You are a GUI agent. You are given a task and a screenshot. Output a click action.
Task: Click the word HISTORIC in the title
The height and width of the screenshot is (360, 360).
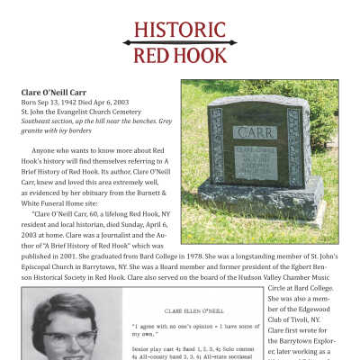[x=180, y=30]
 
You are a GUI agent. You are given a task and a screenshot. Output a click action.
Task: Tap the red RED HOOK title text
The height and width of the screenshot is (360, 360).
[x=180, y=57]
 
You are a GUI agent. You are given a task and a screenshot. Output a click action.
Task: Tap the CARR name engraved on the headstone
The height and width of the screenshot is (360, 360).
[x=256, y=132]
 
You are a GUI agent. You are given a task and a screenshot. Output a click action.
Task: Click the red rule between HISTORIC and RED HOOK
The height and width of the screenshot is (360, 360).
[x=180, y=43]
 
